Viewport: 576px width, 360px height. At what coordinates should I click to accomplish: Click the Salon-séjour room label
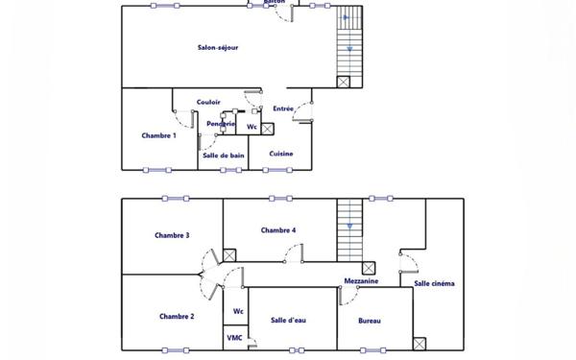tap(217, 47)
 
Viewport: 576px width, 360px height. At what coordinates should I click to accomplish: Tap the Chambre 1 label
tap(158, 135)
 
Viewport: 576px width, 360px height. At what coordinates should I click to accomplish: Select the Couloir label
tap(208, 102)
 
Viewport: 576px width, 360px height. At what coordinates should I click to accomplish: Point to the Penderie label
tap(221, 123)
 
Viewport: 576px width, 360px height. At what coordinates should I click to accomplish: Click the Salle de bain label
tap(223, 155)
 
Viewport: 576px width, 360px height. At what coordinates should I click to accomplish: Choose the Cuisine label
tap(281, 154)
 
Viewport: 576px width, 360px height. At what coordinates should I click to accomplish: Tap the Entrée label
tap(283, 108)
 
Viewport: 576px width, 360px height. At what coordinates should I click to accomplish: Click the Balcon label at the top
tap(275, 3)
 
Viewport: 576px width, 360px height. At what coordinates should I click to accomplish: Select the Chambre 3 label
tap(173, 235)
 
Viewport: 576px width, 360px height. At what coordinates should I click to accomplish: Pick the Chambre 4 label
tap(278, 230)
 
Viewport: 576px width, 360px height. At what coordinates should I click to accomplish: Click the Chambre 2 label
tap(177, 316)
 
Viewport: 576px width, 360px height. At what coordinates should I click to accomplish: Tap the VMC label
tap(234, 338)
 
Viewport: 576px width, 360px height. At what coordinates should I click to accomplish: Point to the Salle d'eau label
tap(288, 321)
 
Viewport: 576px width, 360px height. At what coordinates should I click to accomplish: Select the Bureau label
tap(371, 321)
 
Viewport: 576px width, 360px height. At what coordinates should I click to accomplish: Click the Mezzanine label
tap(361, 281)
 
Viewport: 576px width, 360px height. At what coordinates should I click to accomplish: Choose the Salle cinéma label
tap(434, 283)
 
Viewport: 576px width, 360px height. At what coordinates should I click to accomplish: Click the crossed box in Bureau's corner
tap(420, 344)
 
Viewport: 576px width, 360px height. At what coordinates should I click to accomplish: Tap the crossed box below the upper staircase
tap(344, 82)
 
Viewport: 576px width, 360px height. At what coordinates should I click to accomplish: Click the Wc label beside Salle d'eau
tap(238, 311)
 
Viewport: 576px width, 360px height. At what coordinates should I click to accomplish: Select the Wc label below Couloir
tap(252, 127)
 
